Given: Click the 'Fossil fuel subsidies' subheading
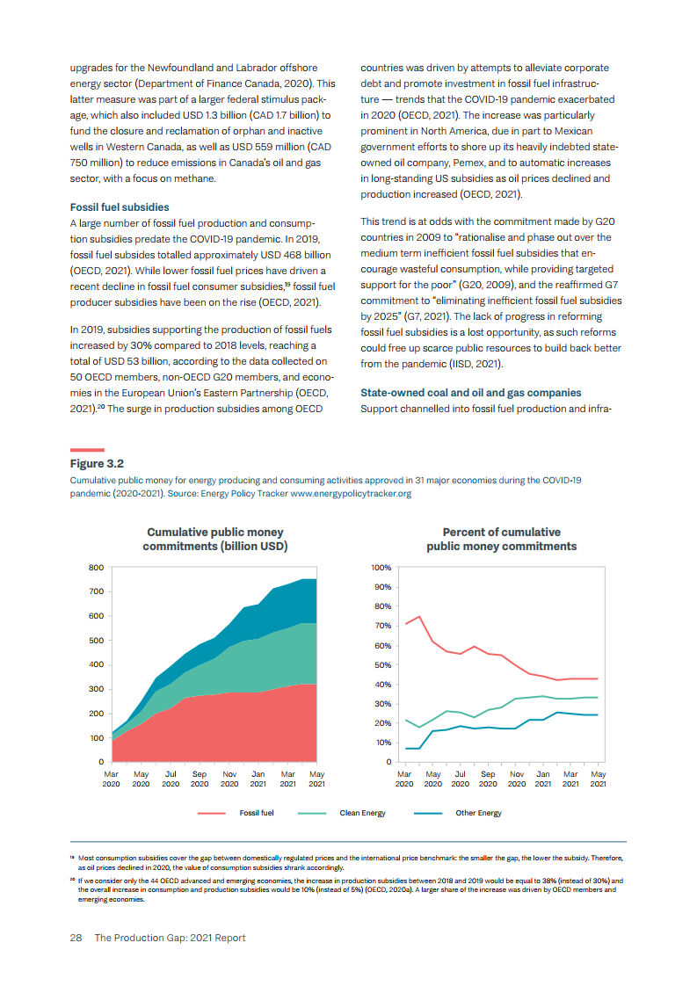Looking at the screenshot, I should tap(120, 207).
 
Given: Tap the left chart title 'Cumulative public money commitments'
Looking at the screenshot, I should tap(215, 540).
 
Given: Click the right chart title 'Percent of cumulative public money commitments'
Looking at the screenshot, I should tap(501, 540).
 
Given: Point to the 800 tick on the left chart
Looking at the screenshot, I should tap(96, 568).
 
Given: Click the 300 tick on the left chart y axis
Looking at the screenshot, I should tap(96, 689).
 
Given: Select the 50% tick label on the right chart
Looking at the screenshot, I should tap(384, 665).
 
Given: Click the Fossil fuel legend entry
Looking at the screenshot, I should tap(256, 813).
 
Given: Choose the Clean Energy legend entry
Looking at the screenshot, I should tap(362, 813).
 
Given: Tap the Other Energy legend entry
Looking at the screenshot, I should tap(478, 813).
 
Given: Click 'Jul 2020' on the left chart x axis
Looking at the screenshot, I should tap(171, 779).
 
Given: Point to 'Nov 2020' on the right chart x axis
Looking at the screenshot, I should tap(517, 779).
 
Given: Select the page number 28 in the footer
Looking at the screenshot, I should tap(76, 938).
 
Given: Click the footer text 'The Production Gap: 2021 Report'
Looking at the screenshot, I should tap(170, 938).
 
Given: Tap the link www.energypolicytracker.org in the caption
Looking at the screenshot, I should tap(351, 494).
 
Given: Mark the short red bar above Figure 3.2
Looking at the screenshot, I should tap(87, 450).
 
